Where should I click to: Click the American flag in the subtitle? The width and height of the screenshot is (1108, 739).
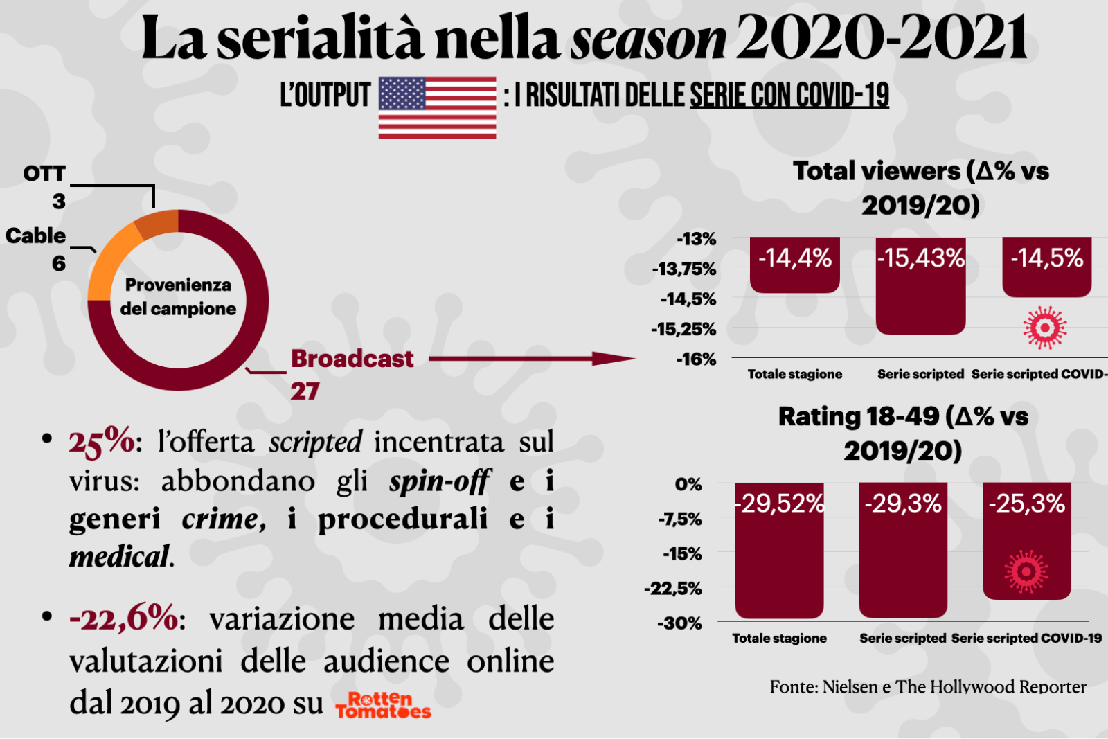[x=437, y=107]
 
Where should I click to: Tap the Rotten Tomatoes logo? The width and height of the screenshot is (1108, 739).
[x=383, y=706]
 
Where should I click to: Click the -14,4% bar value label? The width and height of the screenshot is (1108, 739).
[x=794, y=258]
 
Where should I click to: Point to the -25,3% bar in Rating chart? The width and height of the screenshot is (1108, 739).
[x=1026, y=540]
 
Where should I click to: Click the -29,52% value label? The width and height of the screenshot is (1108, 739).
[x=780, y=504]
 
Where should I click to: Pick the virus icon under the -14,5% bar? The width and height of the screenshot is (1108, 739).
[x=1045, y=327]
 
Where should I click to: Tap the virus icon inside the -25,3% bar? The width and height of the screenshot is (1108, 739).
[x=1026, y=571]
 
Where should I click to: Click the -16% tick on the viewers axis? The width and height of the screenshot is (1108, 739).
[x=696, y=359]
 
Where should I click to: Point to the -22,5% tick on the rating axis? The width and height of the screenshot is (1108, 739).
[x=673, y=589]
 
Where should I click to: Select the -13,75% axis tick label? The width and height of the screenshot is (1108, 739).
[x=684, y=269]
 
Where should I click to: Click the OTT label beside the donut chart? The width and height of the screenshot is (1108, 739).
[x=44, y=173]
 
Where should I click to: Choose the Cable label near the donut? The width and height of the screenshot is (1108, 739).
[x=36, y=235]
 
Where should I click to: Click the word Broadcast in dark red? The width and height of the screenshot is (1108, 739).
[x=352, y=359]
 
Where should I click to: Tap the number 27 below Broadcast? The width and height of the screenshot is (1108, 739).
[x=305, y=391]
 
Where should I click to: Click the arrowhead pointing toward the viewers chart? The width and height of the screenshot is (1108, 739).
[x=614, y=358]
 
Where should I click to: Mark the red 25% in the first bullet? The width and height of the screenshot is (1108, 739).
[x=102, y=441]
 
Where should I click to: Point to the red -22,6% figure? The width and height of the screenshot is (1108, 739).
[x=123, y=618]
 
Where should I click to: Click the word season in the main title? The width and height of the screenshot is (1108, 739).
[x=648, y=39]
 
